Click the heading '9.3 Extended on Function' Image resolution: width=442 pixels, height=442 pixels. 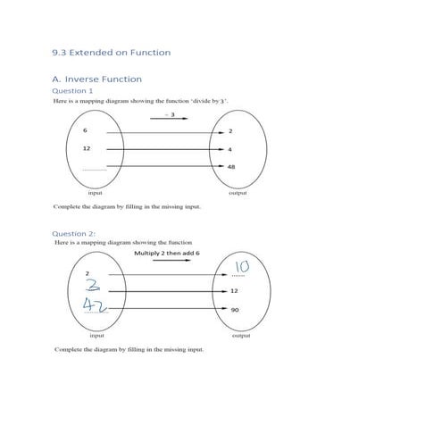click(x=112, y=53)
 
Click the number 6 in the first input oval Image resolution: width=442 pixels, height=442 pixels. click(x=85, y=131)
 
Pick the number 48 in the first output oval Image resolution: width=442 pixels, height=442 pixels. click(x=232, y=167)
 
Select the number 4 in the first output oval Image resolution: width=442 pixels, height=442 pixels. click(x=230, y=149)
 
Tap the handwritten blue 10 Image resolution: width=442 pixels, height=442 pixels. click(x=242, y=267)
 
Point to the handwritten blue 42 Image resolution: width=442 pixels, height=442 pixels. click(x=93, y=304)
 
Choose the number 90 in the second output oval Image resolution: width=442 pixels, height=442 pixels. click(x=235, y=310)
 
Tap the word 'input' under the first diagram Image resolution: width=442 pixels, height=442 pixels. click(x=96, y=192)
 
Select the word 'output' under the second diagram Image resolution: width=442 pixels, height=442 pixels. click(x=240, y=336)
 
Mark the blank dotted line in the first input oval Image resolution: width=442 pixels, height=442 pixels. click(x=94, y=169)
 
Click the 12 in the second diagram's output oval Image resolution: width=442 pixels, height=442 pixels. click(x=234, y=291)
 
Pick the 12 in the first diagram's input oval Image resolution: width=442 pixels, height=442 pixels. click(x=87, y=149)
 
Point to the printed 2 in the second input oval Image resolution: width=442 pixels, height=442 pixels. click(x=88, y=272)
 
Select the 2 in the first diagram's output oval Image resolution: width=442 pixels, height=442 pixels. click(x=230, y=131)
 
